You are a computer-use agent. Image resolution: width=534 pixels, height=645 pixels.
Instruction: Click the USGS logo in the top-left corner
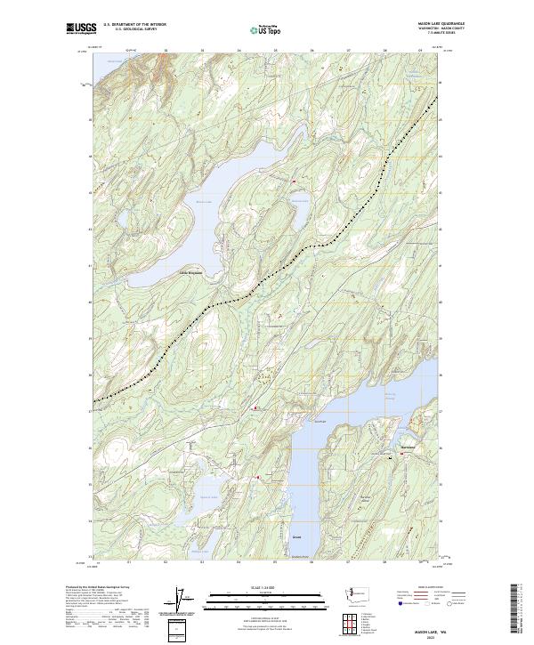(x=81, y=29)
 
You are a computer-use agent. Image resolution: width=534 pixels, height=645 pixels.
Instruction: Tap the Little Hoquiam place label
(x=190, y=272)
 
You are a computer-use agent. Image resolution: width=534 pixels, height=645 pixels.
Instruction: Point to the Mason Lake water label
(x=204, y=201)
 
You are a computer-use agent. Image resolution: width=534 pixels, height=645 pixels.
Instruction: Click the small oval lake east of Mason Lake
(x=296, y=193)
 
